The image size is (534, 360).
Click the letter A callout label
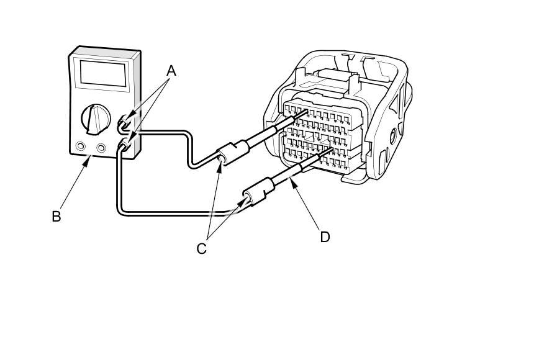click(171, 71)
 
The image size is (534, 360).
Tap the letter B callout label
click(57, 217)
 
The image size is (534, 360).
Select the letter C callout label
click(201, 248)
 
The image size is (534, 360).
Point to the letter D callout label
click(324, 236)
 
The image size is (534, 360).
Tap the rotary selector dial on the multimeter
click(95, 118)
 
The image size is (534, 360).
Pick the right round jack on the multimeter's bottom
click(101, 148)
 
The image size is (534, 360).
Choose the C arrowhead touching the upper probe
click(222, 160)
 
